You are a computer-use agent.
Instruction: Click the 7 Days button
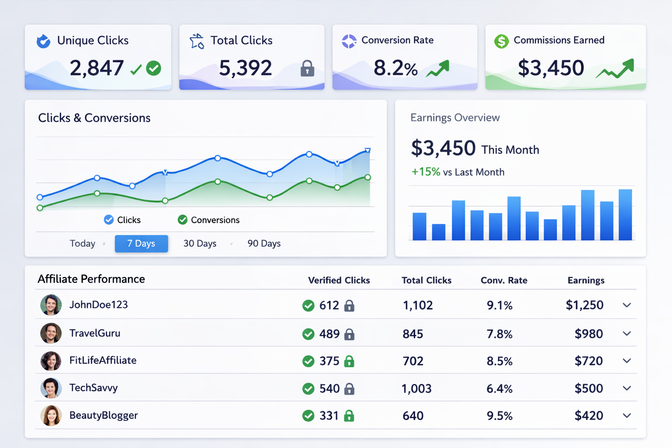141,244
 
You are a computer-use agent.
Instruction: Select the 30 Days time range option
199,244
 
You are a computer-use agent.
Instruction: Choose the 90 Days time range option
264,244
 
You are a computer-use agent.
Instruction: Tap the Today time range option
82,244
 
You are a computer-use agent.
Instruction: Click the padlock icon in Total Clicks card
308,69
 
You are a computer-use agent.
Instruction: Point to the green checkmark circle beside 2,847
154,68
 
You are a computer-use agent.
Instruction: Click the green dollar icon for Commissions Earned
501,41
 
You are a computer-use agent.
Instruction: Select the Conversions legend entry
209,220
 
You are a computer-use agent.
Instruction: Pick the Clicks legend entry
122,220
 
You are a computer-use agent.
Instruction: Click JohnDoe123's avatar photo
51,305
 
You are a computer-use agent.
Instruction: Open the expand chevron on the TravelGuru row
626,334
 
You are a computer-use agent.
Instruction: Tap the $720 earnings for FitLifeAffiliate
588,361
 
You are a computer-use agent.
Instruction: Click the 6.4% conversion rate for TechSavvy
499,388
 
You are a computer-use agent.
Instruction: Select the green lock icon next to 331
349,416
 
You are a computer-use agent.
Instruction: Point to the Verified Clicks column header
339,280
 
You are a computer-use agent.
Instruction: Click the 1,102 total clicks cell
417,305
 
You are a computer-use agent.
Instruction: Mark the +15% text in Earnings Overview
426,172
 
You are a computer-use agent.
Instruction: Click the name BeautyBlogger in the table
103,416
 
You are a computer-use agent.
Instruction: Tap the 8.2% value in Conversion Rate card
395,68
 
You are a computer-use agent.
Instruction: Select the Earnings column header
586,280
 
